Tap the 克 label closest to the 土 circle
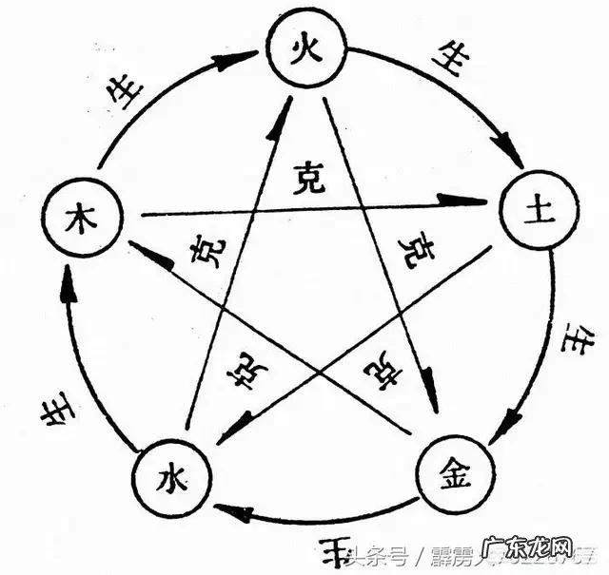coord(415,249)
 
